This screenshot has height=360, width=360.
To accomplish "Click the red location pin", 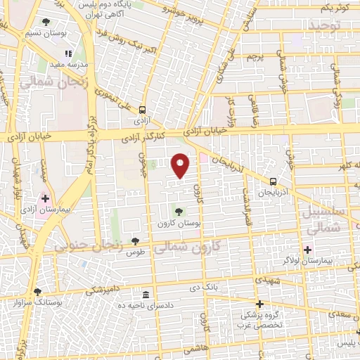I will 181,166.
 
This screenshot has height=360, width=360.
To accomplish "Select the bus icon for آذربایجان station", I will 273,180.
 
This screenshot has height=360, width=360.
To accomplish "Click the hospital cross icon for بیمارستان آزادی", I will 46,200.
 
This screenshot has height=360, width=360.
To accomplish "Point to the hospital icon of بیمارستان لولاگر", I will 307,250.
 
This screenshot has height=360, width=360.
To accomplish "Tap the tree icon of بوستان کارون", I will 179,211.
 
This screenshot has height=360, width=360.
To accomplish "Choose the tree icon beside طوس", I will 135,241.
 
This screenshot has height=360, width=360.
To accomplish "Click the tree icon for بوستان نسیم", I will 46,22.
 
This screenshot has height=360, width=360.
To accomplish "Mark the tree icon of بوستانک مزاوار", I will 38,291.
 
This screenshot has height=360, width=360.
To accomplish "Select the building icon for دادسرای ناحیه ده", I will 146,294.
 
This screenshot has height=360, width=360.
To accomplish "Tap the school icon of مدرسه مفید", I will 68,53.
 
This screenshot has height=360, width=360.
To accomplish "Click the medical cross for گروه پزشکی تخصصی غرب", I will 259,304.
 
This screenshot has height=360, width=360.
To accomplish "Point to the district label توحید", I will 324,25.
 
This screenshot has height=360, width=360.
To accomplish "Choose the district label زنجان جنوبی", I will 89,246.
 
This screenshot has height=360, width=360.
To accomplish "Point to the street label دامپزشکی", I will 103,290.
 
